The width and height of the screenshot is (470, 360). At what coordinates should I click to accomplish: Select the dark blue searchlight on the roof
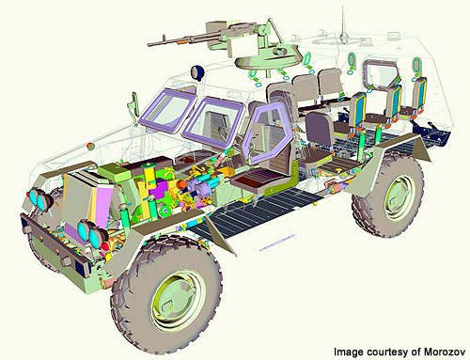[197, 71]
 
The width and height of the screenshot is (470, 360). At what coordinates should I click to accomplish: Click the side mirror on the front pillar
[134, 103]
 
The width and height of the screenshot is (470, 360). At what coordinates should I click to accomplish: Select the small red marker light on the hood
[90, 146]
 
